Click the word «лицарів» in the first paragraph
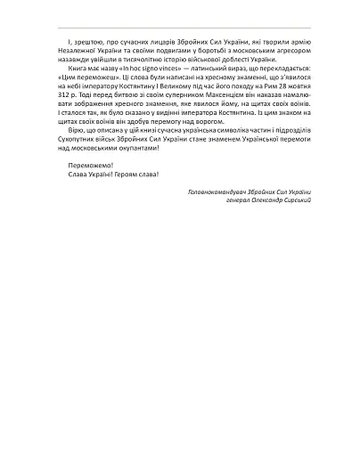(x=145, y=43)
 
